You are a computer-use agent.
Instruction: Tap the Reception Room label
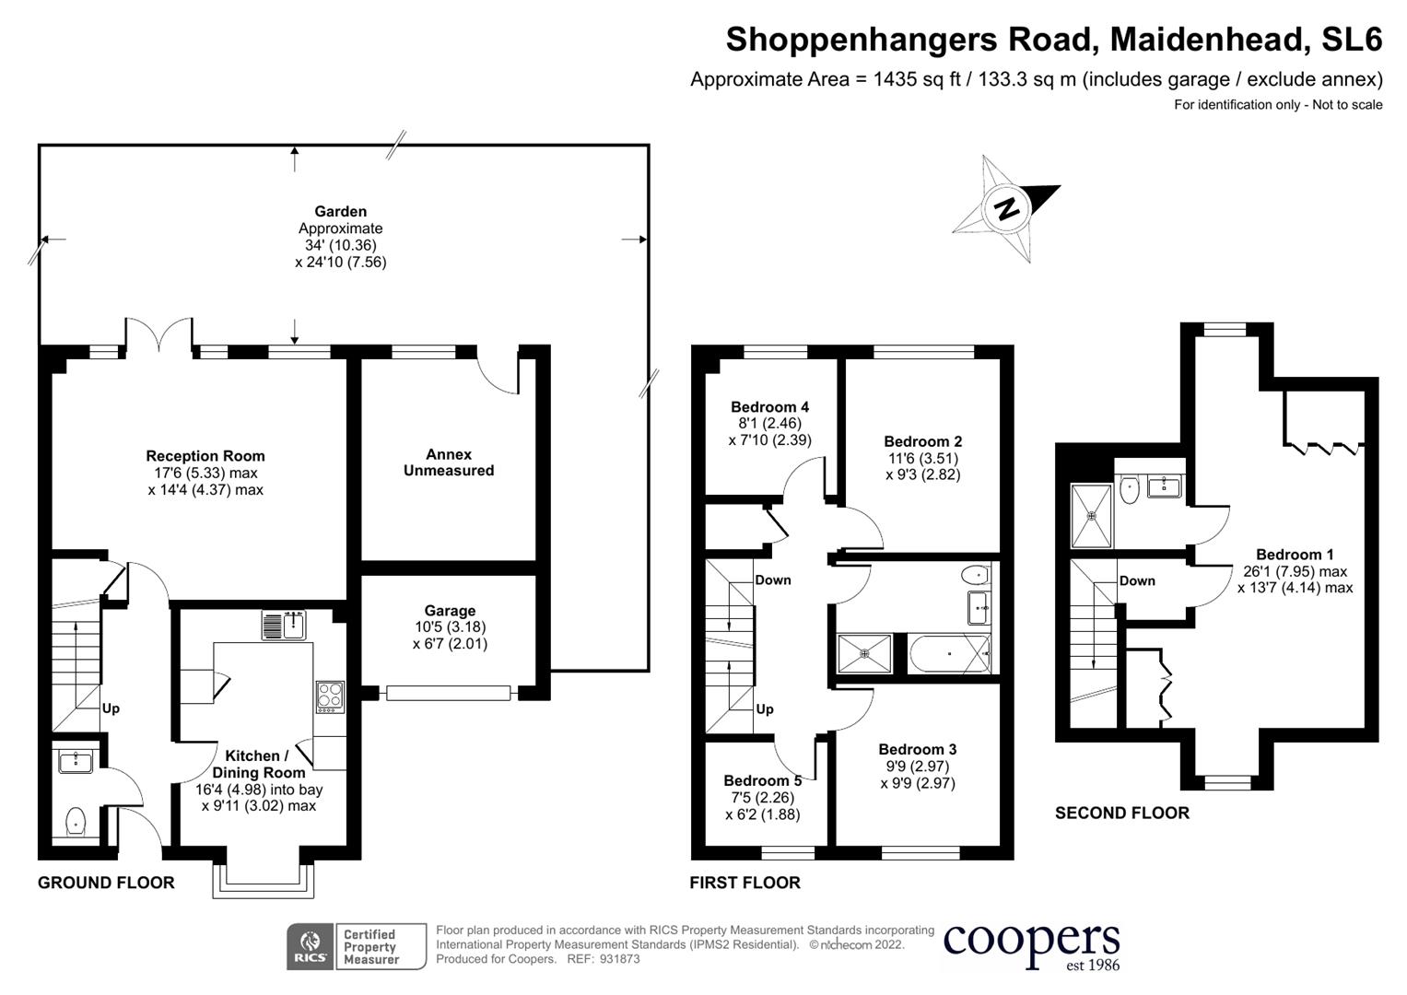point(205,456)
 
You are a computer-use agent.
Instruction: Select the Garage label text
point(450,611)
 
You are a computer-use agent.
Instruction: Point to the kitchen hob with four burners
point(330,696)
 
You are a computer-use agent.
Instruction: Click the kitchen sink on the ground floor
point(284,625)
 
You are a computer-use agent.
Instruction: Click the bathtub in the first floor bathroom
point(949,654)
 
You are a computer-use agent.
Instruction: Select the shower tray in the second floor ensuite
point(1092,516)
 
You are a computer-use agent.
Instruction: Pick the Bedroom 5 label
point(762,781)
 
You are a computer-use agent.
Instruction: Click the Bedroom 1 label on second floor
point(1295,555)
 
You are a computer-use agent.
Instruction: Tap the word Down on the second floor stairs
point(1137,581)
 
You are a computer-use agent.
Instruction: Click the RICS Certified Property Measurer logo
point(357,946)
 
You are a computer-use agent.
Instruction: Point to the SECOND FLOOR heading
point(1121,813)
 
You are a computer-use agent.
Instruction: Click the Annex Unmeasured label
point(449,462)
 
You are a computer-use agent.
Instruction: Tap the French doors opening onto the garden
point(159,336)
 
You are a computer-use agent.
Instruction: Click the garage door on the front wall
point(449,693)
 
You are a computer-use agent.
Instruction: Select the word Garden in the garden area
point(340,212)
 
